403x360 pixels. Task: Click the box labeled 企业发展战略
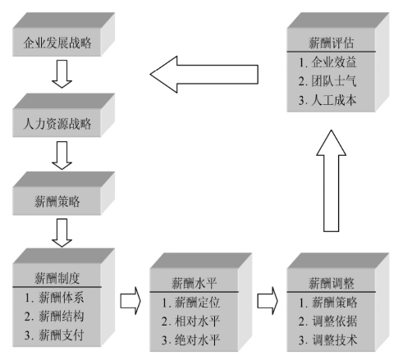(57, 43)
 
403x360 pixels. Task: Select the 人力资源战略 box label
(57, 124)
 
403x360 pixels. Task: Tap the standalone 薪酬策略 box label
(57, 202)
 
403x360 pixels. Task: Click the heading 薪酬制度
(57, 278)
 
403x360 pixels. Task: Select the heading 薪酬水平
(195, 283)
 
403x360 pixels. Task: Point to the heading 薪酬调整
(332, 283)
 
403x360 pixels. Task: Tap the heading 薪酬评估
(332, 43)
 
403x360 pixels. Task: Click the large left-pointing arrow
(204, 75)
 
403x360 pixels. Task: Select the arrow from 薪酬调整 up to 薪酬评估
(332, 180)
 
